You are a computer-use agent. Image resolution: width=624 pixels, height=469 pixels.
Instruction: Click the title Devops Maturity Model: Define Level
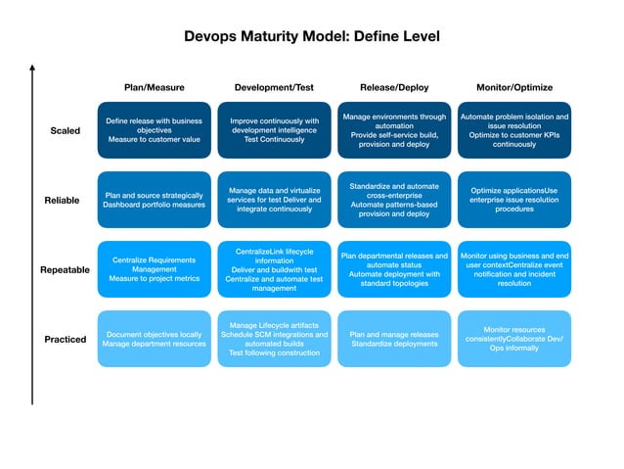point(312,36)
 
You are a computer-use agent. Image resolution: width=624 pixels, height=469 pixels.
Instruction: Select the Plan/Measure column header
point(154,87)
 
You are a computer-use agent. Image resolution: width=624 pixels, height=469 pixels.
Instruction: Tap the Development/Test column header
point(274,87)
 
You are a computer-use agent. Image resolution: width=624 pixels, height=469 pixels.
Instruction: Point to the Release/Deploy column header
point(394,87)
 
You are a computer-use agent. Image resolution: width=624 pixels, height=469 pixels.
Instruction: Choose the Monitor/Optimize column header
point(513,87)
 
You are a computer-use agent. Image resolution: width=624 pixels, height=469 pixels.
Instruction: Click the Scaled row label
point(65,131)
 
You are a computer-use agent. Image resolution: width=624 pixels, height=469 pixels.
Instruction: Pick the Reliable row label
point(63,201)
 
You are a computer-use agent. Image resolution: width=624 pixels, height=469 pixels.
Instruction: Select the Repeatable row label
point(65,270)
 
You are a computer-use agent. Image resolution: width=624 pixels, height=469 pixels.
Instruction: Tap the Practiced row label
point(65,340)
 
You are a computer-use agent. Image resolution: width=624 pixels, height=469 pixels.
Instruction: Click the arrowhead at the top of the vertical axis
point(32,68)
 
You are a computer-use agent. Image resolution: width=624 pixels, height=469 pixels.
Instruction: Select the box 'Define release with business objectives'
point(154,130)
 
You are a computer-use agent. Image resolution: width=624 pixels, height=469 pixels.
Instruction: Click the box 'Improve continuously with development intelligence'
point(274,130)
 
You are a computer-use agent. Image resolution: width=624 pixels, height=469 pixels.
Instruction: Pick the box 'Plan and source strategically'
point(154,200)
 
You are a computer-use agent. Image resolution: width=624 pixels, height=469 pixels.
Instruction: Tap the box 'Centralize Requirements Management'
point(154,269)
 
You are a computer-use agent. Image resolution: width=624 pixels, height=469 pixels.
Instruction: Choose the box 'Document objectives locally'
point(154,339)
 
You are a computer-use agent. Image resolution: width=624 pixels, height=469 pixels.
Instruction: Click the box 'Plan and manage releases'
point(394,339)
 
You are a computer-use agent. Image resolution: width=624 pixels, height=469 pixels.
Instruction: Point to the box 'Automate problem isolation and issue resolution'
point(513,130)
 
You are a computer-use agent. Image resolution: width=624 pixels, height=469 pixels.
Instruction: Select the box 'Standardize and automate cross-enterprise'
point(394,200)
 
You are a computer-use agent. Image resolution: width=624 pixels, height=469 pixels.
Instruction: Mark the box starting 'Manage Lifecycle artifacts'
point(274,339)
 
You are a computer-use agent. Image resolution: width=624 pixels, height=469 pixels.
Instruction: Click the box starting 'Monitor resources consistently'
point(513,339)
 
